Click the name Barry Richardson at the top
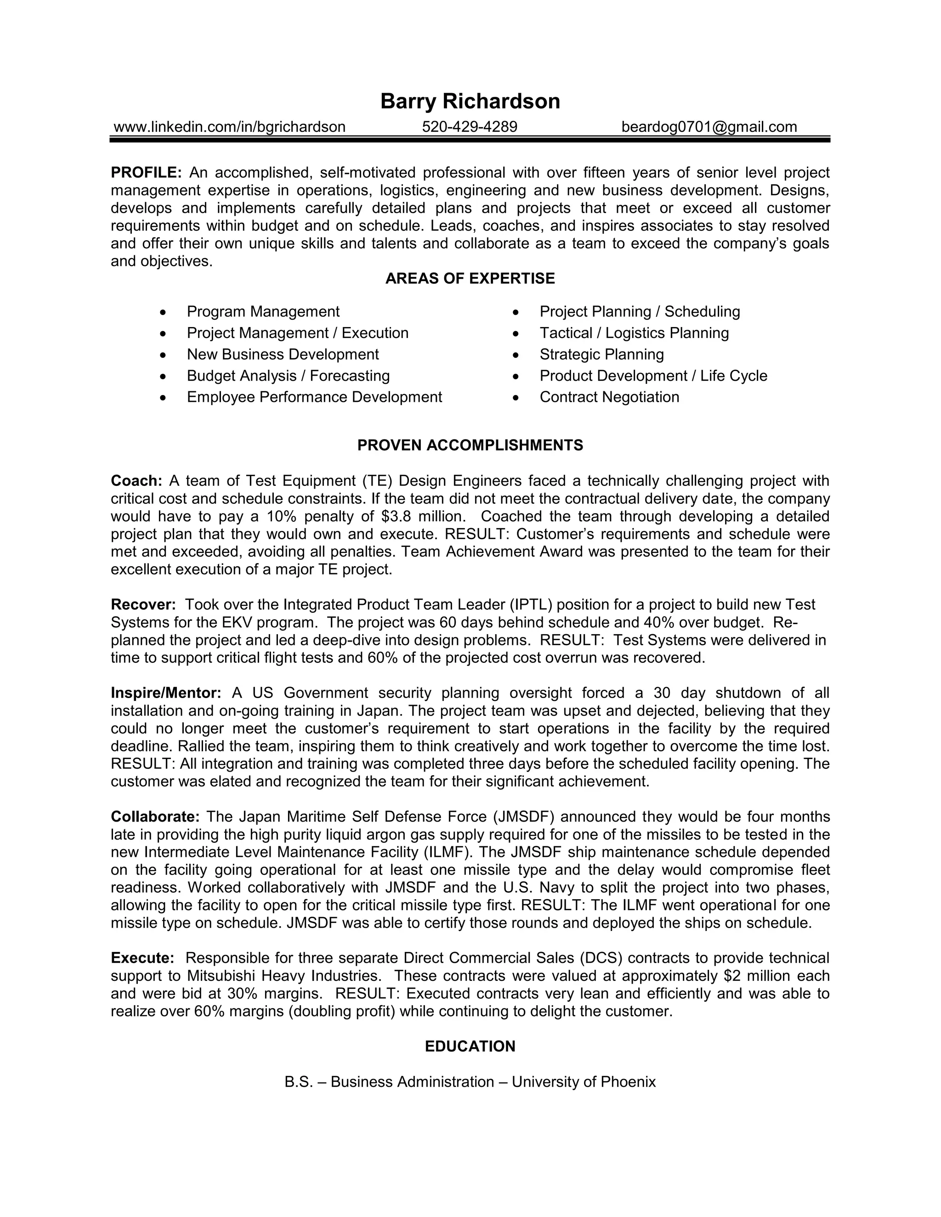click(470, 101)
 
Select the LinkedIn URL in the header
click(229, 127)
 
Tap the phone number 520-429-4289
click(470, 127)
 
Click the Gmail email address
click(709, 127)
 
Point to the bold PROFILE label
click(146, 173)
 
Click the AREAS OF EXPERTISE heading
click(470, 279)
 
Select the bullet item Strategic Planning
click(601, 355)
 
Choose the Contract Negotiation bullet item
click(609, 397)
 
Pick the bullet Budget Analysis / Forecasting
click(288, 376)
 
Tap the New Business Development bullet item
click(283, 355)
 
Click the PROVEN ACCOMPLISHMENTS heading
click(470, 445)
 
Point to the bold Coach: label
click(136, 481)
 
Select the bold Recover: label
click(143, 605)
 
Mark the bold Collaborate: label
click(155, 817)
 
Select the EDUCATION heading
click(470, 1047)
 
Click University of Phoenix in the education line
click(583, 1082)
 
